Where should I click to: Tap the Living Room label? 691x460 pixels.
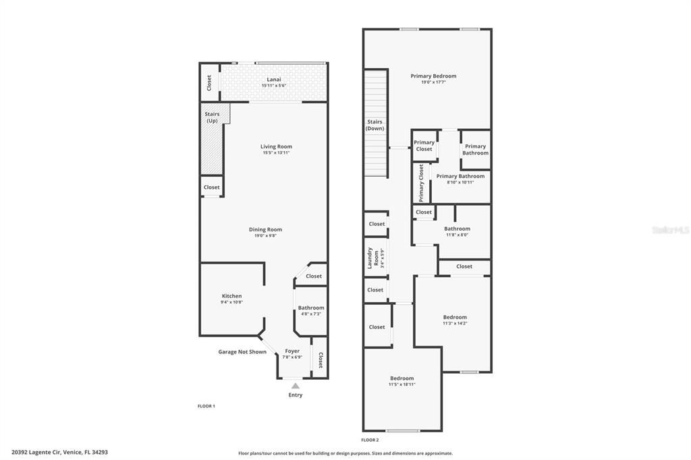click(x=276, y=146)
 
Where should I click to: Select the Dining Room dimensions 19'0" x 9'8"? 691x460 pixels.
click(x=265, y=235)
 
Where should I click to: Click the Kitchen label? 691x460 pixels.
click(x=231, y=296)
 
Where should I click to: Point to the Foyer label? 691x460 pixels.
click(x=292, y=351)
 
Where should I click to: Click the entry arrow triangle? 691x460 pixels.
click(x=295, y=386)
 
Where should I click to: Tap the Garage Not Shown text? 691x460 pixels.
click(x=242, y=351)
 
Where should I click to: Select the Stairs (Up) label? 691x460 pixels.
click(x=212, y=117)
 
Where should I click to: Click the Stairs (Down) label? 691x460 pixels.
click(x=375, y=125)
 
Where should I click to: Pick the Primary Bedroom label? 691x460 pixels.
click(x=433, y=76)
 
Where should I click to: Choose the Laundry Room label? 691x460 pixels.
click(x=370, y=258)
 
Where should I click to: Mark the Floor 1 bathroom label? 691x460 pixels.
click(x=311, y=308)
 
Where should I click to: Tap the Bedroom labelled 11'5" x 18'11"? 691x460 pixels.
click(x=402, y=378)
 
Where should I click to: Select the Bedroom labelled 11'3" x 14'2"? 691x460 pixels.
click(x=455, y=317)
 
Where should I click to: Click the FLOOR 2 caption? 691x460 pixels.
click(x=370, y=439)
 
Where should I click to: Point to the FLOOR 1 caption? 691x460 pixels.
click(x=206, y=406)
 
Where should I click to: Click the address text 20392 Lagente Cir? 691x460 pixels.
click(x=59, y=453)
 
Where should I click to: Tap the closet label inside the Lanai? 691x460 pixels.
click(x=209, y=82)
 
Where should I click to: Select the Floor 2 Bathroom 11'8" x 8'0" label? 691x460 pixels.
click(x=457, y=229)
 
